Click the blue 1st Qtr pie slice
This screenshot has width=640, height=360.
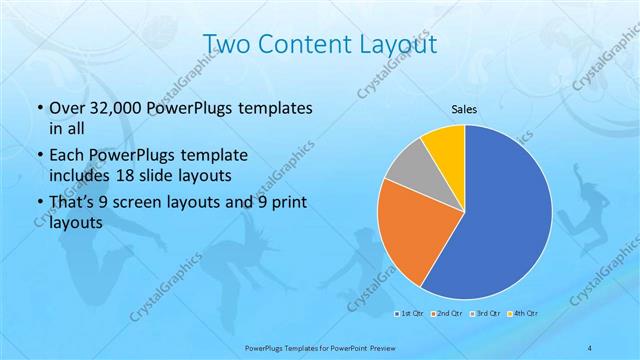(x=500, y=220)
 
